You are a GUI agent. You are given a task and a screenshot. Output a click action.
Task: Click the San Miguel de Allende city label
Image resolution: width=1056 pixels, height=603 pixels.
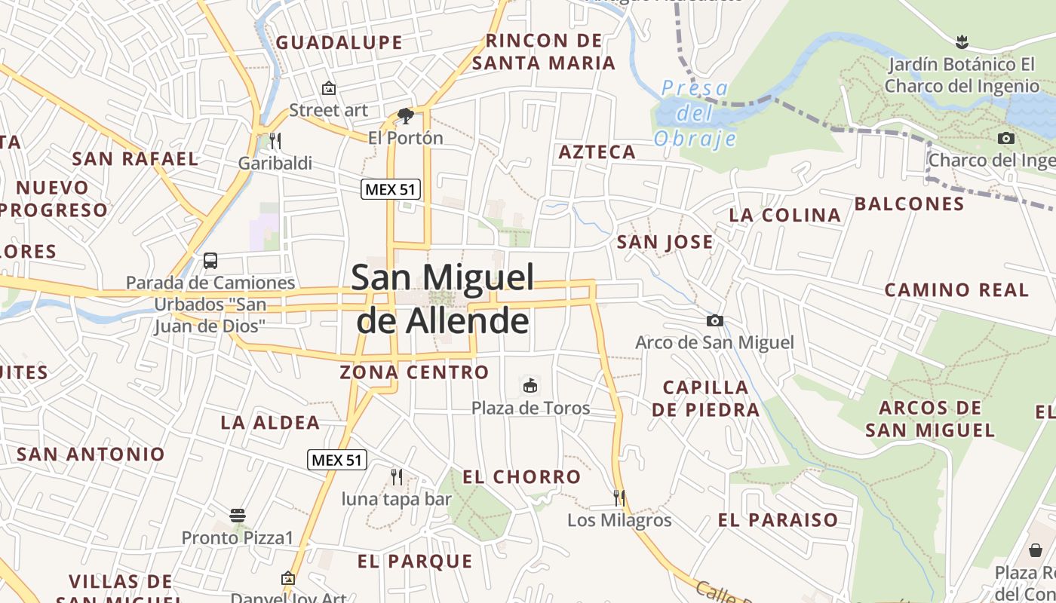click(x=443, y=299)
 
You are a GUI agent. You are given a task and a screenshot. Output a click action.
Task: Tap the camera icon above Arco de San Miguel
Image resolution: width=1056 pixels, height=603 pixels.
click(x=714, y=321)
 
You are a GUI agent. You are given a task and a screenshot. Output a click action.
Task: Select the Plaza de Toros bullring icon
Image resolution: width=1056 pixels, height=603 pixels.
click(x=530, y=386)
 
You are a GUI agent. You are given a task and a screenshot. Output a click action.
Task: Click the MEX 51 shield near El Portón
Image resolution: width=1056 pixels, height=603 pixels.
click(x=390, y=189)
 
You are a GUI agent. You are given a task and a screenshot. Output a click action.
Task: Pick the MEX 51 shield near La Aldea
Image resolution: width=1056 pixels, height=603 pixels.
click(x=337, y=460)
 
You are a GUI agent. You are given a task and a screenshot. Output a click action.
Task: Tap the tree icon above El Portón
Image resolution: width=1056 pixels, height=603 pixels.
click(x=405, y=116)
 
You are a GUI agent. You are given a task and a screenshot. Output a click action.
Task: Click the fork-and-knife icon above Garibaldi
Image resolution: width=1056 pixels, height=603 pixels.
click(x=275, y=140)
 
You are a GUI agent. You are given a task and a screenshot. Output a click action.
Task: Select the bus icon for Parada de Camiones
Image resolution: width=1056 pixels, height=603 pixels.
click(x=210, y=261)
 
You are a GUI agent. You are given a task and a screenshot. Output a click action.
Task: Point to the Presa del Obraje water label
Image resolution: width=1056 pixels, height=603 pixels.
click(x=695, y=114)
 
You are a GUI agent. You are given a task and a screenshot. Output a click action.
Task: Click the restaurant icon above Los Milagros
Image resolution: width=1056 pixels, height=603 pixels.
click(x=619, y=498)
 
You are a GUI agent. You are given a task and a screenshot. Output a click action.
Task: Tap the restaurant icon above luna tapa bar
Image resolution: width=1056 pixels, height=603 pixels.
click(x=397, y=476)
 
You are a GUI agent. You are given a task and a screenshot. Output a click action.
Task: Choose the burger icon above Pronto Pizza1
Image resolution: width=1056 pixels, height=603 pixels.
click(x=238, y=516)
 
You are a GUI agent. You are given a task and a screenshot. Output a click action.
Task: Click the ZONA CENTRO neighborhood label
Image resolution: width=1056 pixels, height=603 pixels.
click(x=414, y=372)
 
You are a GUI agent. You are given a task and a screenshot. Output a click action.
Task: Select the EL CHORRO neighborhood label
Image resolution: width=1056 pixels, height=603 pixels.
click(x=521, y=477)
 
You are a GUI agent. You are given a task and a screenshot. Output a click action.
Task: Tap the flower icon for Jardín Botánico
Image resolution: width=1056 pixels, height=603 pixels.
click(x=961, y=41)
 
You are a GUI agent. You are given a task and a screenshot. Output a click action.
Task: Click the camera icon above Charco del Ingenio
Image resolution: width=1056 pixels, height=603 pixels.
click(x=1005, y=139)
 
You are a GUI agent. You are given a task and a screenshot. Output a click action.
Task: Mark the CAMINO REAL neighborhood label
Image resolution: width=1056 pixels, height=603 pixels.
click(x=956, y=290)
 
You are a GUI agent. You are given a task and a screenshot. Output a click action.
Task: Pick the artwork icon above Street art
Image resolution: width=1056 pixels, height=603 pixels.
click(x=329, y=88)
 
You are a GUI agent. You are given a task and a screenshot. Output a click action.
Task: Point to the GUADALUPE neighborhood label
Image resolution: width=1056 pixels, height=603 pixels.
click(x=339, y=43)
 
